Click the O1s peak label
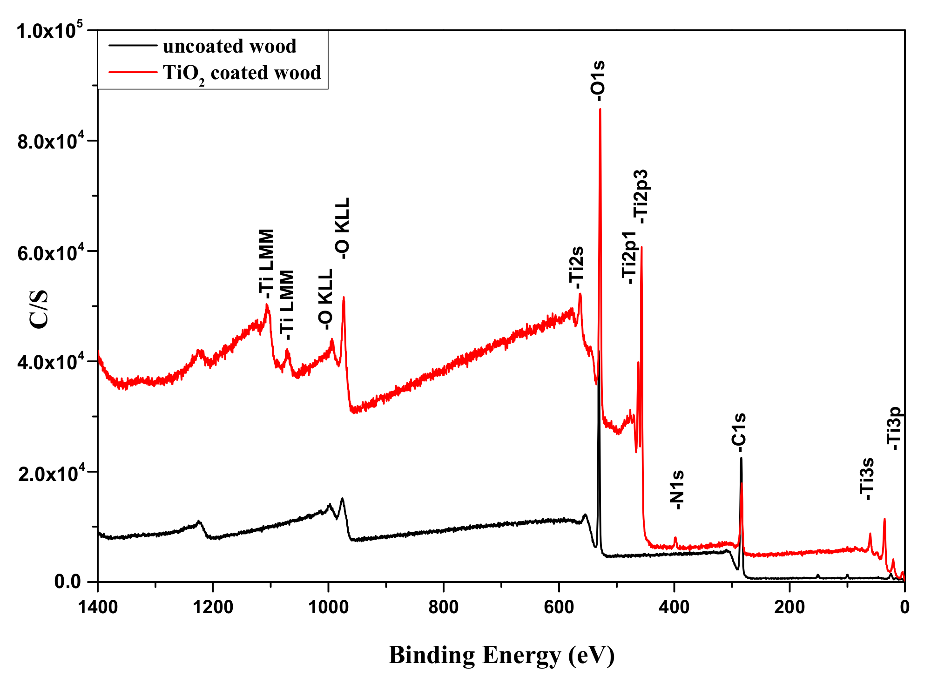tap(598, 80)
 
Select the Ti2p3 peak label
tap(641, 196)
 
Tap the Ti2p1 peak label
tap(629, 257)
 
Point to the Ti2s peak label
tap(576, 267)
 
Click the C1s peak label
tap(739, 432)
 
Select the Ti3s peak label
tap(867, 479)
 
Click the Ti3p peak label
tap(894, 429)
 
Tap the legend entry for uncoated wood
tap(229, 46)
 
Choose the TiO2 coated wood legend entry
tap(242, 73)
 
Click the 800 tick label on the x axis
tap(444, 607)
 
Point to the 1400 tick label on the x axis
tap(98, 607)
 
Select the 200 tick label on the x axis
tap(789, 607)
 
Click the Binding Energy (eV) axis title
tap(501, 655)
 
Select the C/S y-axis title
tap(39, 309)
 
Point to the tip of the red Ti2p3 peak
tap(641, 247)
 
